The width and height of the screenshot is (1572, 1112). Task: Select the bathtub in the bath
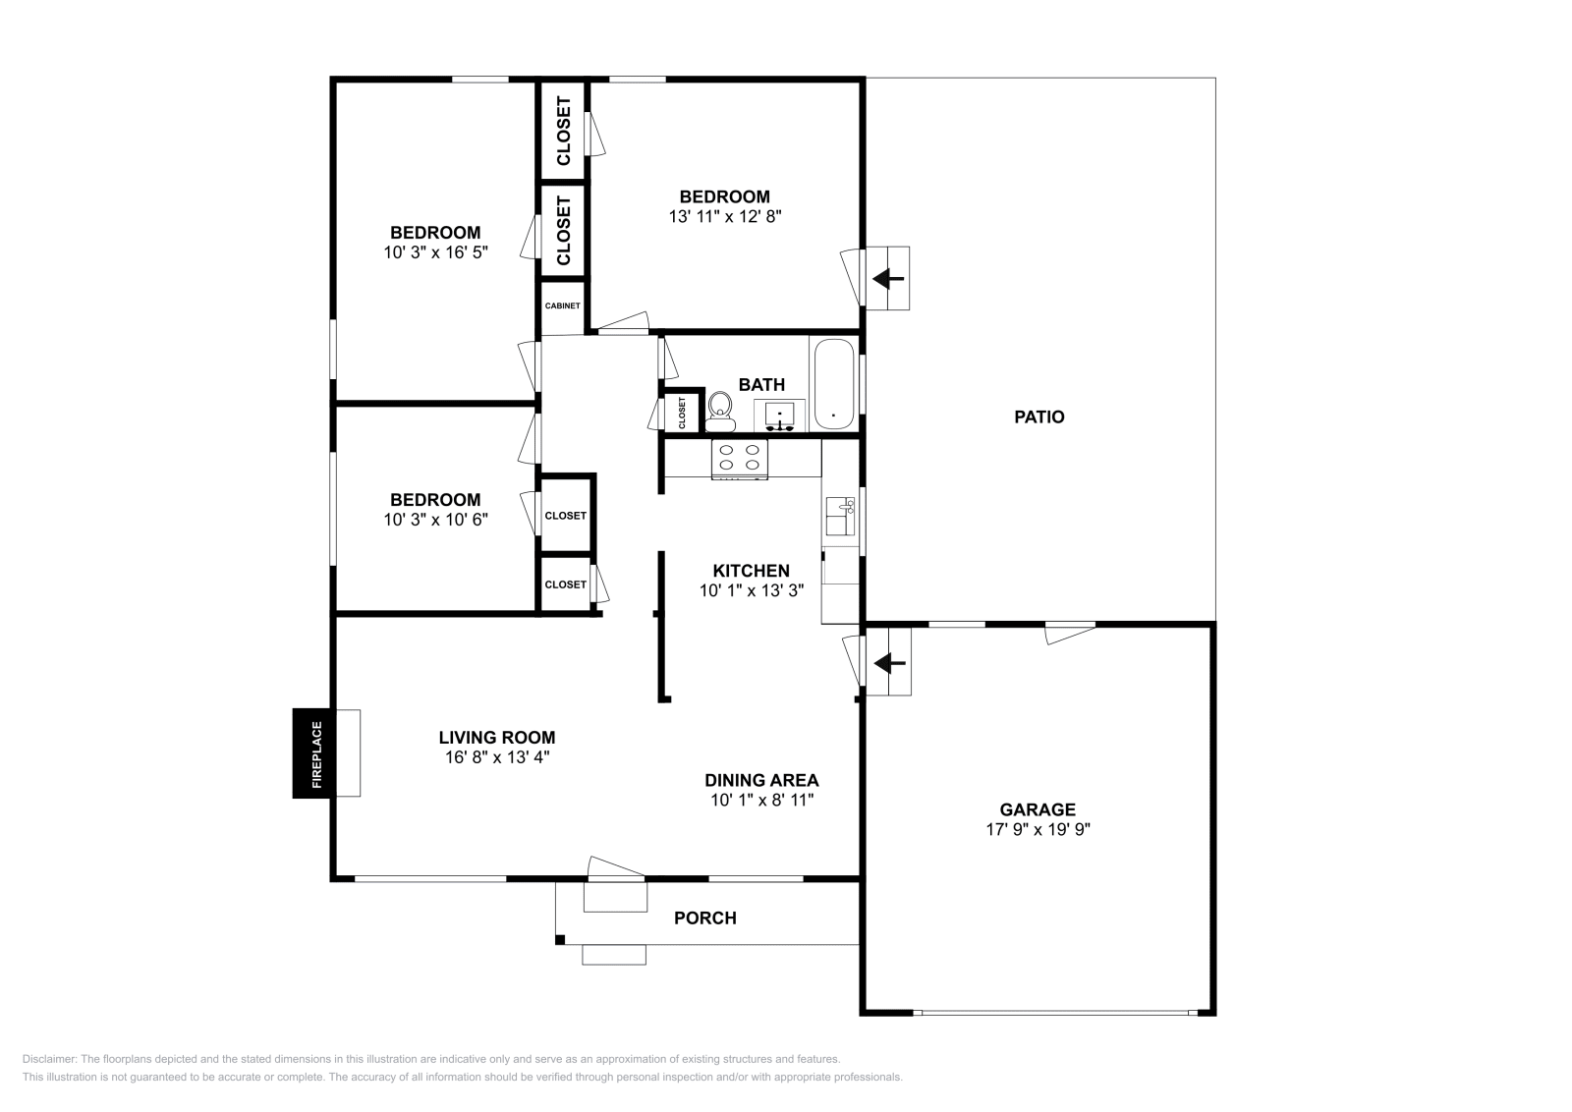click(835, 385)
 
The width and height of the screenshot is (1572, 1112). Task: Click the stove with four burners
click(740, 458)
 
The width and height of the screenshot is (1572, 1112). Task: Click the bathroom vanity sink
click(780, 416)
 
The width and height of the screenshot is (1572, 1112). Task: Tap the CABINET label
click(563, 306)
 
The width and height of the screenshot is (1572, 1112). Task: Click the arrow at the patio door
click(889, 279)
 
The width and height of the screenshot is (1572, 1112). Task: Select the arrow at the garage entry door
click(889, 664)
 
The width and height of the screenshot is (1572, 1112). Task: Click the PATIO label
click(1039, 417)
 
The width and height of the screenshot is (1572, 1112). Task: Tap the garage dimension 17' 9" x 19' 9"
click(1039, 829)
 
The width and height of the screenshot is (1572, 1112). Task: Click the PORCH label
click(704, 918)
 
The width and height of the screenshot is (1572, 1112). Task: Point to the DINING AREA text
click(761, 780)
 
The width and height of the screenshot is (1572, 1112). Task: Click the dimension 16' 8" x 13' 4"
click(496, 757)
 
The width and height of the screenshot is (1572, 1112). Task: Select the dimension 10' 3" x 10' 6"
click(435, 520)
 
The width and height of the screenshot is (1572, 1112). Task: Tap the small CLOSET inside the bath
click(682, 413)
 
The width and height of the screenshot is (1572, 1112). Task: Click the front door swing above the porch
click(616, 869)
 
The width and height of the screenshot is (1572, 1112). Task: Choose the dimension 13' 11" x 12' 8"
click(725, 216)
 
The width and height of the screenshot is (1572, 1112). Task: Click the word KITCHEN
click(751, 571)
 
